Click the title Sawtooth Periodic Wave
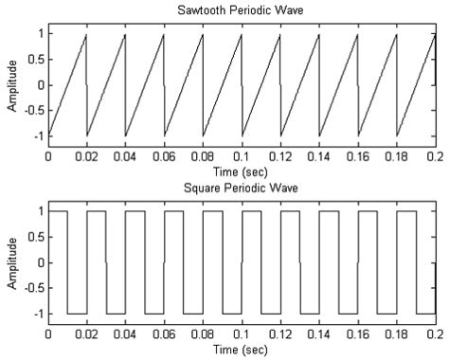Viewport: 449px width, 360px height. click(241, 10)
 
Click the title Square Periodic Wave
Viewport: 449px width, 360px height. click(241, 188)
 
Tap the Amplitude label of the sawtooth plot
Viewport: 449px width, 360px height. click(11, 85)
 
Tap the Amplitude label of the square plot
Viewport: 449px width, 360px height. click(11, 262)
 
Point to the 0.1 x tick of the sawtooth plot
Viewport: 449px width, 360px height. click(242, 154)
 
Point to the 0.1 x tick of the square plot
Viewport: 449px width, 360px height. click(242, 333)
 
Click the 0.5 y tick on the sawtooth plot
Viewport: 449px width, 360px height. click(36, 60)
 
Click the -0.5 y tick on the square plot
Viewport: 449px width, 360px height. click(32, 288)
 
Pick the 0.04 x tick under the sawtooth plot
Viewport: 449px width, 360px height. click(125, 154)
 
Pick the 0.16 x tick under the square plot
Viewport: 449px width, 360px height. click(358, 333)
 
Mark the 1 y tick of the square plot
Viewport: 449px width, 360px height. click(39, 211)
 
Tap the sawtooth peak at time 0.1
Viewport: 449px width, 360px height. click(241, 35)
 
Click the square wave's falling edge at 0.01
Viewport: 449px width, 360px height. click(67, 262)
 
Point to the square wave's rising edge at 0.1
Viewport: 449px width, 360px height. click(242, 262)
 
